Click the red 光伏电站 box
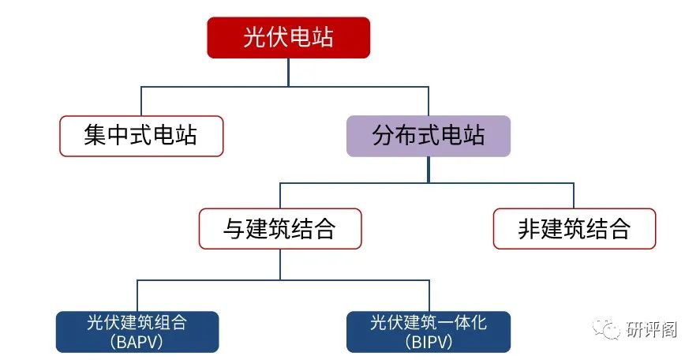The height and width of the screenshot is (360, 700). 288,38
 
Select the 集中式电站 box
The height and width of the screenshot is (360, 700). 141,136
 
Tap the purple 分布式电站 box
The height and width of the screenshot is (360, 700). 429,136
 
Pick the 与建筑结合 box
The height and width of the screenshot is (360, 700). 280,229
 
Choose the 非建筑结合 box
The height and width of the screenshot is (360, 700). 574,229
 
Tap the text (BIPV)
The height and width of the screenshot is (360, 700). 429,342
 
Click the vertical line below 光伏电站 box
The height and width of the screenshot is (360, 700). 288,71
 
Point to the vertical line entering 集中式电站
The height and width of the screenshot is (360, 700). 141,101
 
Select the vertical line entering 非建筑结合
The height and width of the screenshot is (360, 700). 574,196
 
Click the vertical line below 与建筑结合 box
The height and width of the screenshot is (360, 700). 280,264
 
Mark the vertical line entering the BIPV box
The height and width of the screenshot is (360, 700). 429,297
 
